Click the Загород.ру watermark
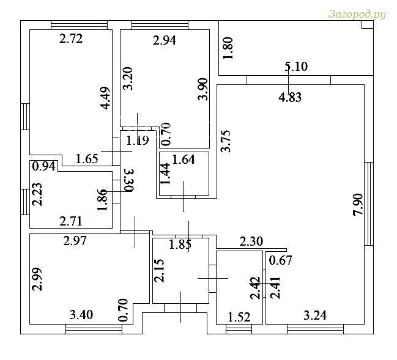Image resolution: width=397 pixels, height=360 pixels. point(357,15)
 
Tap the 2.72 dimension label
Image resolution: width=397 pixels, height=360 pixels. point(71,39)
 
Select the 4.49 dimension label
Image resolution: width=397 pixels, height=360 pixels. point(105,98)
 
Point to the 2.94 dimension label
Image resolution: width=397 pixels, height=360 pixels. point(165,40)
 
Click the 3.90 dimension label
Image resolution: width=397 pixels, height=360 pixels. point(203,89)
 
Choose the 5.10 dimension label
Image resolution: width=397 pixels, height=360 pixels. point(296,67)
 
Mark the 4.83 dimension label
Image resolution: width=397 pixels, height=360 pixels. point(290,97)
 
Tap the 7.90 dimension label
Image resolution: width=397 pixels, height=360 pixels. point(358,204)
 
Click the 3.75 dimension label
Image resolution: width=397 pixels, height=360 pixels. point(226,141)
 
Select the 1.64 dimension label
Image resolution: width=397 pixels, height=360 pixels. point(184,160)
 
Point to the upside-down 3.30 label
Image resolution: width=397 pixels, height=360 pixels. point(129,180)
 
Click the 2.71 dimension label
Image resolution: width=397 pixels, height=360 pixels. point(71,221)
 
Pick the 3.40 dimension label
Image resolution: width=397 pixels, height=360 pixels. point(81,315)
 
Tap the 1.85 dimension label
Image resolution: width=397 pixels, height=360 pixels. point(180,244)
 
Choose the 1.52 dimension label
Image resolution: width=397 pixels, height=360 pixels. point(239,317)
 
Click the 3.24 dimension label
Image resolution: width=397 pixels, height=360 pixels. point(315,316)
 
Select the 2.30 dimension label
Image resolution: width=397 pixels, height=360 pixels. point(251,241)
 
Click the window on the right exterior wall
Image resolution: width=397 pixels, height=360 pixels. point(369,204)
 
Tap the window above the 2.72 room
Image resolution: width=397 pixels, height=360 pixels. point(80,25)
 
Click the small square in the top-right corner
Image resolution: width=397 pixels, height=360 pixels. point(368,24)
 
